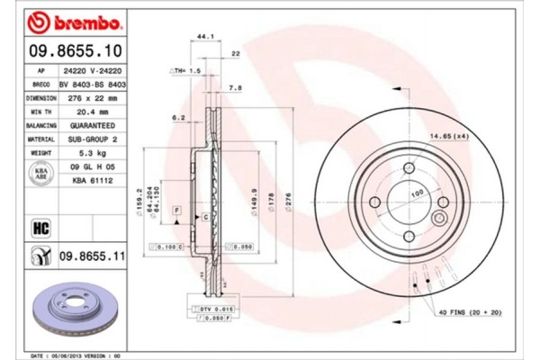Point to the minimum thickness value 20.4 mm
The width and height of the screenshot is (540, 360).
(88, 112)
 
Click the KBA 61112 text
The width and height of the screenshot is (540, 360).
(88, 180)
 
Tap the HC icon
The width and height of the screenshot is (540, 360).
(40, 227)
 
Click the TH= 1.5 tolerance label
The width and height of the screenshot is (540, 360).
(187, 69)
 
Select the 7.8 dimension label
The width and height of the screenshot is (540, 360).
(235, 88)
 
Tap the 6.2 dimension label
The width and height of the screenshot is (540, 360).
(178, 118)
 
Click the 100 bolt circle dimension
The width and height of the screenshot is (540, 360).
(417, 193)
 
